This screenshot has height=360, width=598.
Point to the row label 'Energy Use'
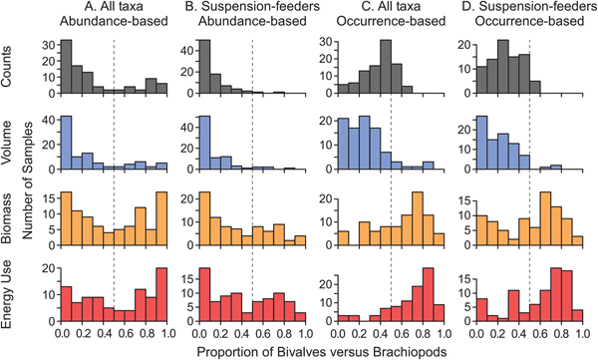click(9, 294)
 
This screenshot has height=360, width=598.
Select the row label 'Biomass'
click(9, 218)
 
